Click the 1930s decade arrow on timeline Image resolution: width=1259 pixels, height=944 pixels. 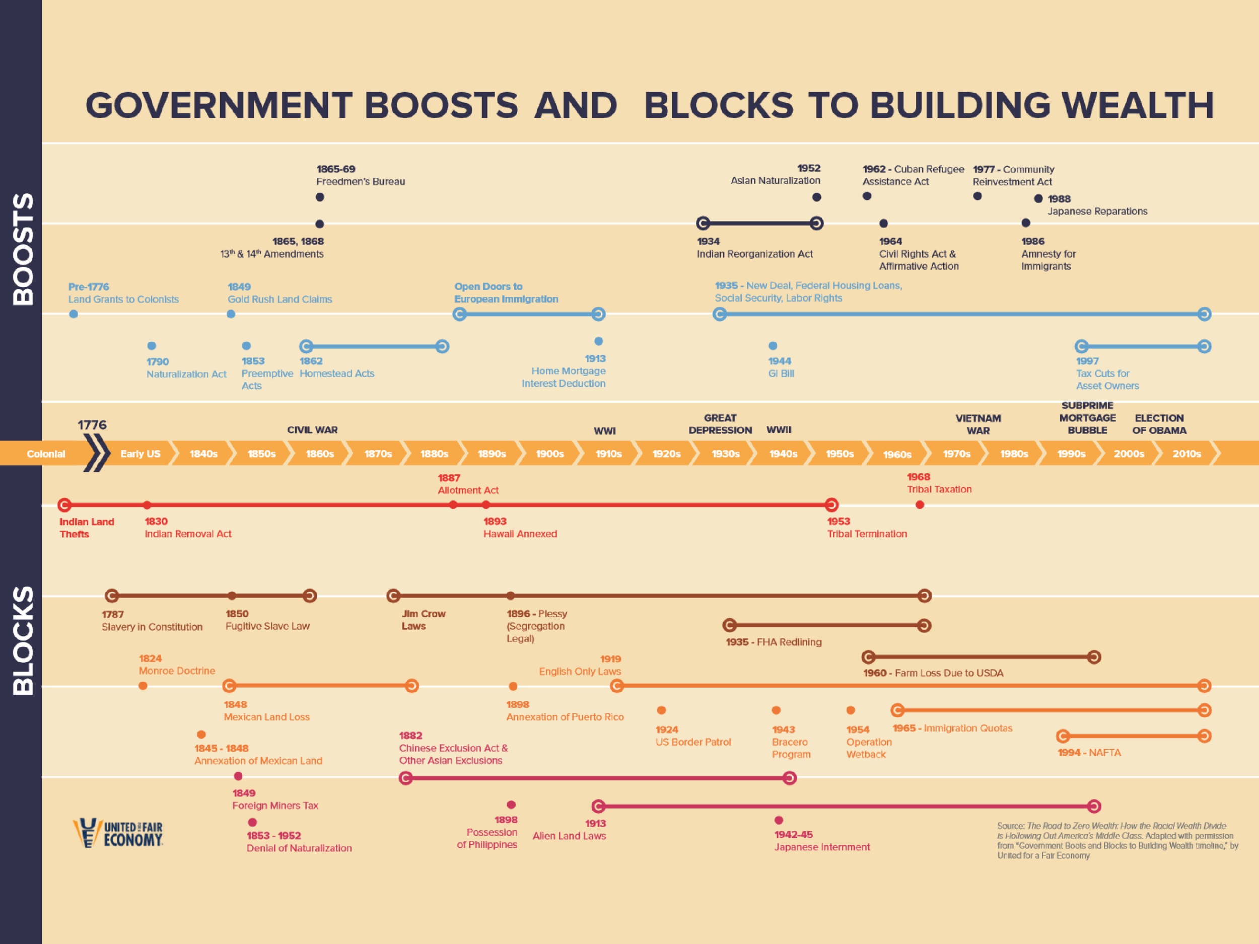click(725, 454)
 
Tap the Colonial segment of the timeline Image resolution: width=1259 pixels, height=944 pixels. click(45, 454)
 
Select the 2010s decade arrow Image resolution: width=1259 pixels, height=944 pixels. click(1186, 454)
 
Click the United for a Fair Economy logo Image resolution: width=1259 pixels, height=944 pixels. click(118, 833)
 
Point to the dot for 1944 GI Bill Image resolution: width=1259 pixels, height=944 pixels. click(773, 345)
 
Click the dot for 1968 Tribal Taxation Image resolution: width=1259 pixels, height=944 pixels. click(919, 504)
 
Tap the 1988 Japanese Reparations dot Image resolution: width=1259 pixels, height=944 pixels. click(1038, 198)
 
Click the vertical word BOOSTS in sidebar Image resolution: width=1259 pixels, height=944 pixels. click(23, 249)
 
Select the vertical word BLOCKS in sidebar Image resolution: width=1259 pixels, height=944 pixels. click(23, 640)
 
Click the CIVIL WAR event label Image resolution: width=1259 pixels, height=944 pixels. click(312, 429)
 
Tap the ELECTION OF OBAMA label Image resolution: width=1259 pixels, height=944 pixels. click(1159, 424)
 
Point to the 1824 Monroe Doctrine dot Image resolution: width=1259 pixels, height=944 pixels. click(143, 686)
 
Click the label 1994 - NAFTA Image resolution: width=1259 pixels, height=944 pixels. click(1089, 752)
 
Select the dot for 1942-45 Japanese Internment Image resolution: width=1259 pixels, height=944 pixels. click(779, 820)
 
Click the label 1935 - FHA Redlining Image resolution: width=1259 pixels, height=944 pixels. click(774, 642)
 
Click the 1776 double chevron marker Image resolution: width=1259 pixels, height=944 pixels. click(96, 453)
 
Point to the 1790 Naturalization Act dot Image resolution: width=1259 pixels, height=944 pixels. click(152, 345)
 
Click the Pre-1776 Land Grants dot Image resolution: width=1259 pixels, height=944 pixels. click(74, 314)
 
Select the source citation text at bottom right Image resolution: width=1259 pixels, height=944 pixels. click(1116, 840)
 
